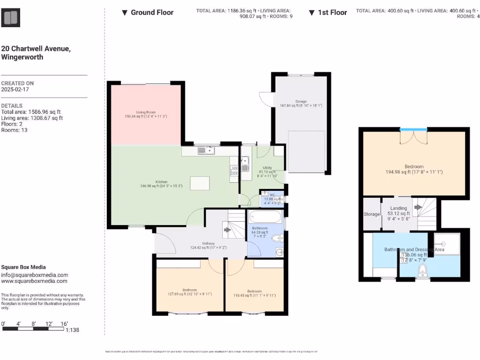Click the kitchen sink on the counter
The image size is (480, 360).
[206, 150]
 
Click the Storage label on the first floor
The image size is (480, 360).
[372, 214]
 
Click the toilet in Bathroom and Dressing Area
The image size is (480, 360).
[423, 270]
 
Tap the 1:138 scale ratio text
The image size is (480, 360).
[72, 330]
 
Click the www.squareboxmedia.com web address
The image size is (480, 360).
[34, 281]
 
